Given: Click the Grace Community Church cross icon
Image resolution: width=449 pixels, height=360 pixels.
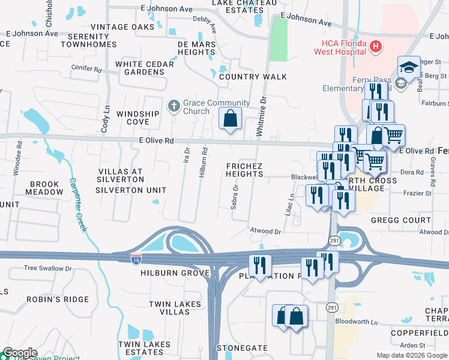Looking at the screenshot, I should coord(174,107).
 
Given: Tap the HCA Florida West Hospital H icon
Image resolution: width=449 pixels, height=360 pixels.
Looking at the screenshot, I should coord(375,46).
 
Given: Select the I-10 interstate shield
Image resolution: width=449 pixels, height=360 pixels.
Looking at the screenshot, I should coord(136,259).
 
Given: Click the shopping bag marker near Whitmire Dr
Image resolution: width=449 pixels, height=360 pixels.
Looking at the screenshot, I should coord(230,119).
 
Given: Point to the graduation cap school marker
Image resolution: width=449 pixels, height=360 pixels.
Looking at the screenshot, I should coord(409,68).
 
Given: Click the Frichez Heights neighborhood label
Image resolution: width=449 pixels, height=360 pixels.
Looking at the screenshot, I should coord(244,169).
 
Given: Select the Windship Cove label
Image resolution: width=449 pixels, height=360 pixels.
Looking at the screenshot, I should coord(137,118).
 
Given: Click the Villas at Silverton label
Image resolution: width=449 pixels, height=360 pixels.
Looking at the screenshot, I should coord(120,175).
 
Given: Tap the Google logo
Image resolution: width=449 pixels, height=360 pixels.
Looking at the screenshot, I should coord(20,353).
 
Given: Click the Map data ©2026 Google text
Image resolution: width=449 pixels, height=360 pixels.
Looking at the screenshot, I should coord(412,355).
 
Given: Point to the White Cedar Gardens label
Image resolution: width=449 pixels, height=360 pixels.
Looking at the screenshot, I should coord(144,68).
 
